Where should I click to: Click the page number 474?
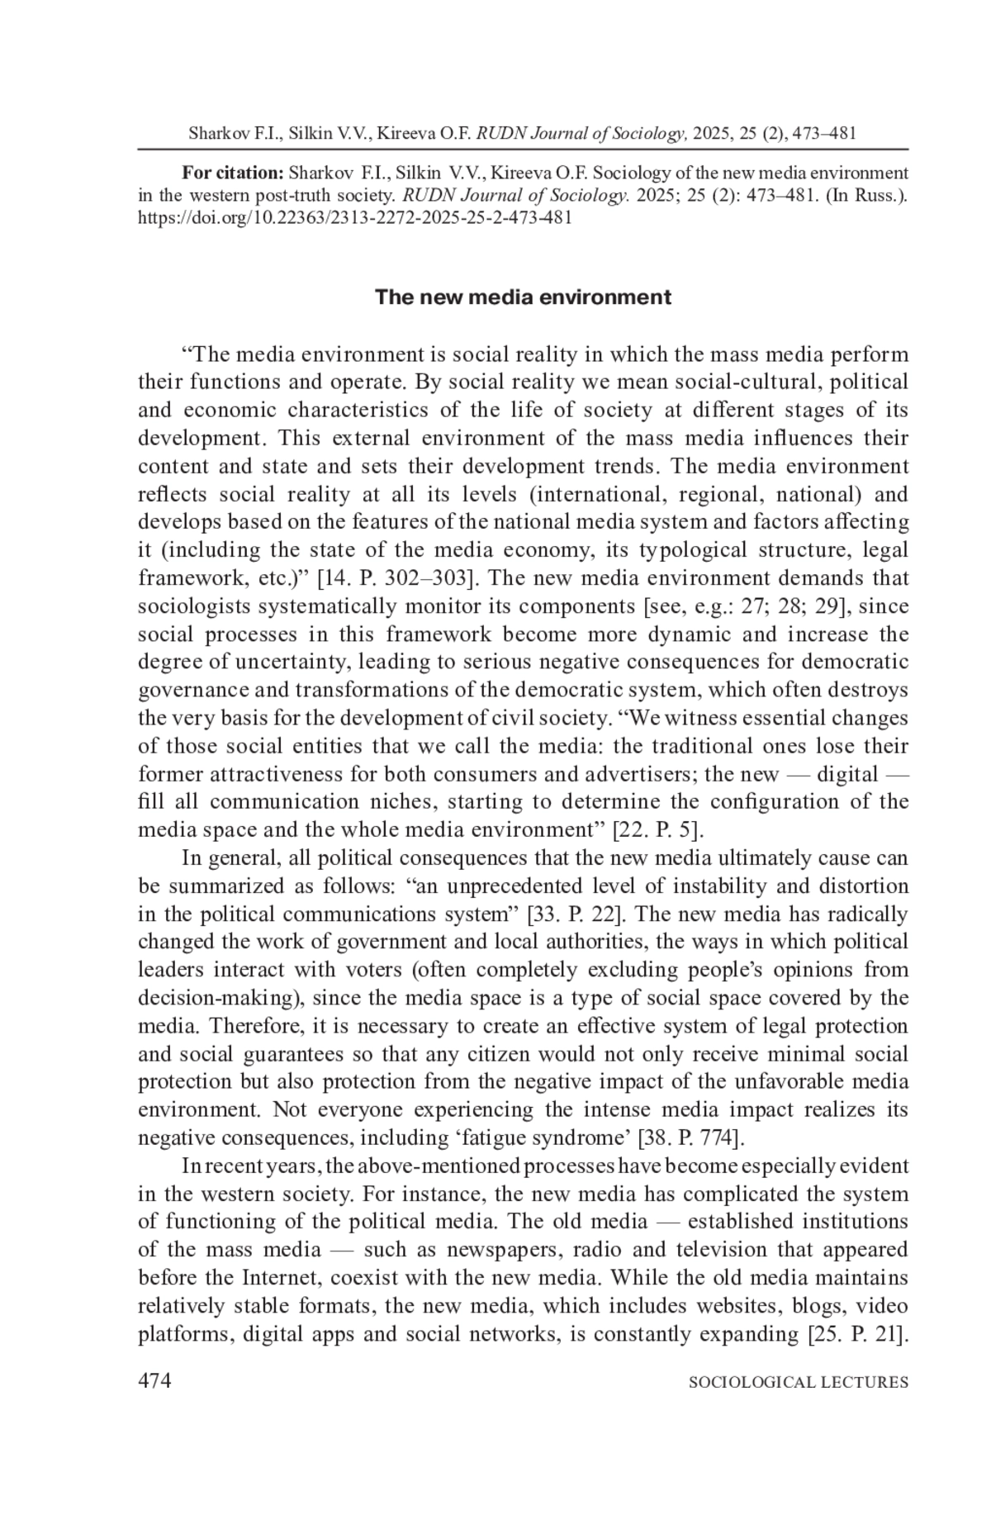[x=154, y=1380]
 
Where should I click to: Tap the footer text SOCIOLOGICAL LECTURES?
[x=798, y=1382]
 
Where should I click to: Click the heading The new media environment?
[x=523, y=297]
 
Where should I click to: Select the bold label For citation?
[x=233, y=173]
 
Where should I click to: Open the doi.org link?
[x=354, y=218]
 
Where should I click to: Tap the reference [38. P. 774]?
[x=691, y=1137]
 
